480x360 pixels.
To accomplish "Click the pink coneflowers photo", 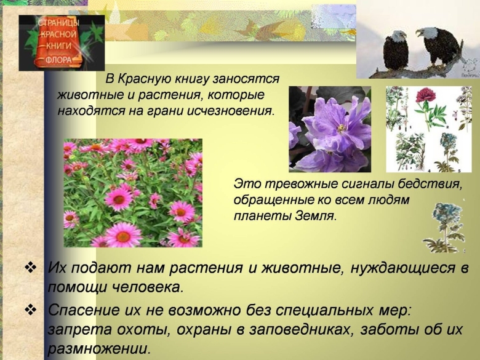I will click(x=132, y=193).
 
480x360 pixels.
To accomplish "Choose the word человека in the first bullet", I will click(x=145, y=287).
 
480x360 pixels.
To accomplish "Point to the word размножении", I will click(x=98, y=349).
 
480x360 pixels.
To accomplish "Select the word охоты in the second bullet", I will click(x=137, y=329).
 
